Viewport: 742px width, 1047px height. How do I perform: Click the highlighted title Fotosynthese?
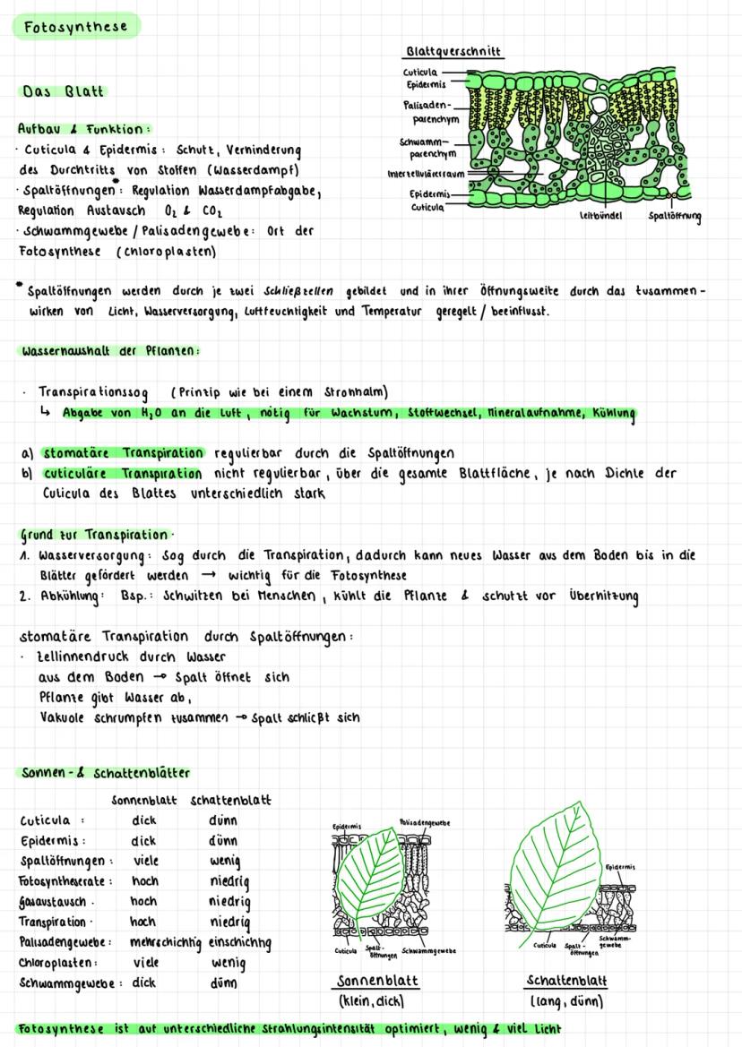[x=75, y=27]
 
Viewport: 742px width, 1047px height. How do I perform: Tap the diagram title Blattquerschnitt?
[x=453, y=51]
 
